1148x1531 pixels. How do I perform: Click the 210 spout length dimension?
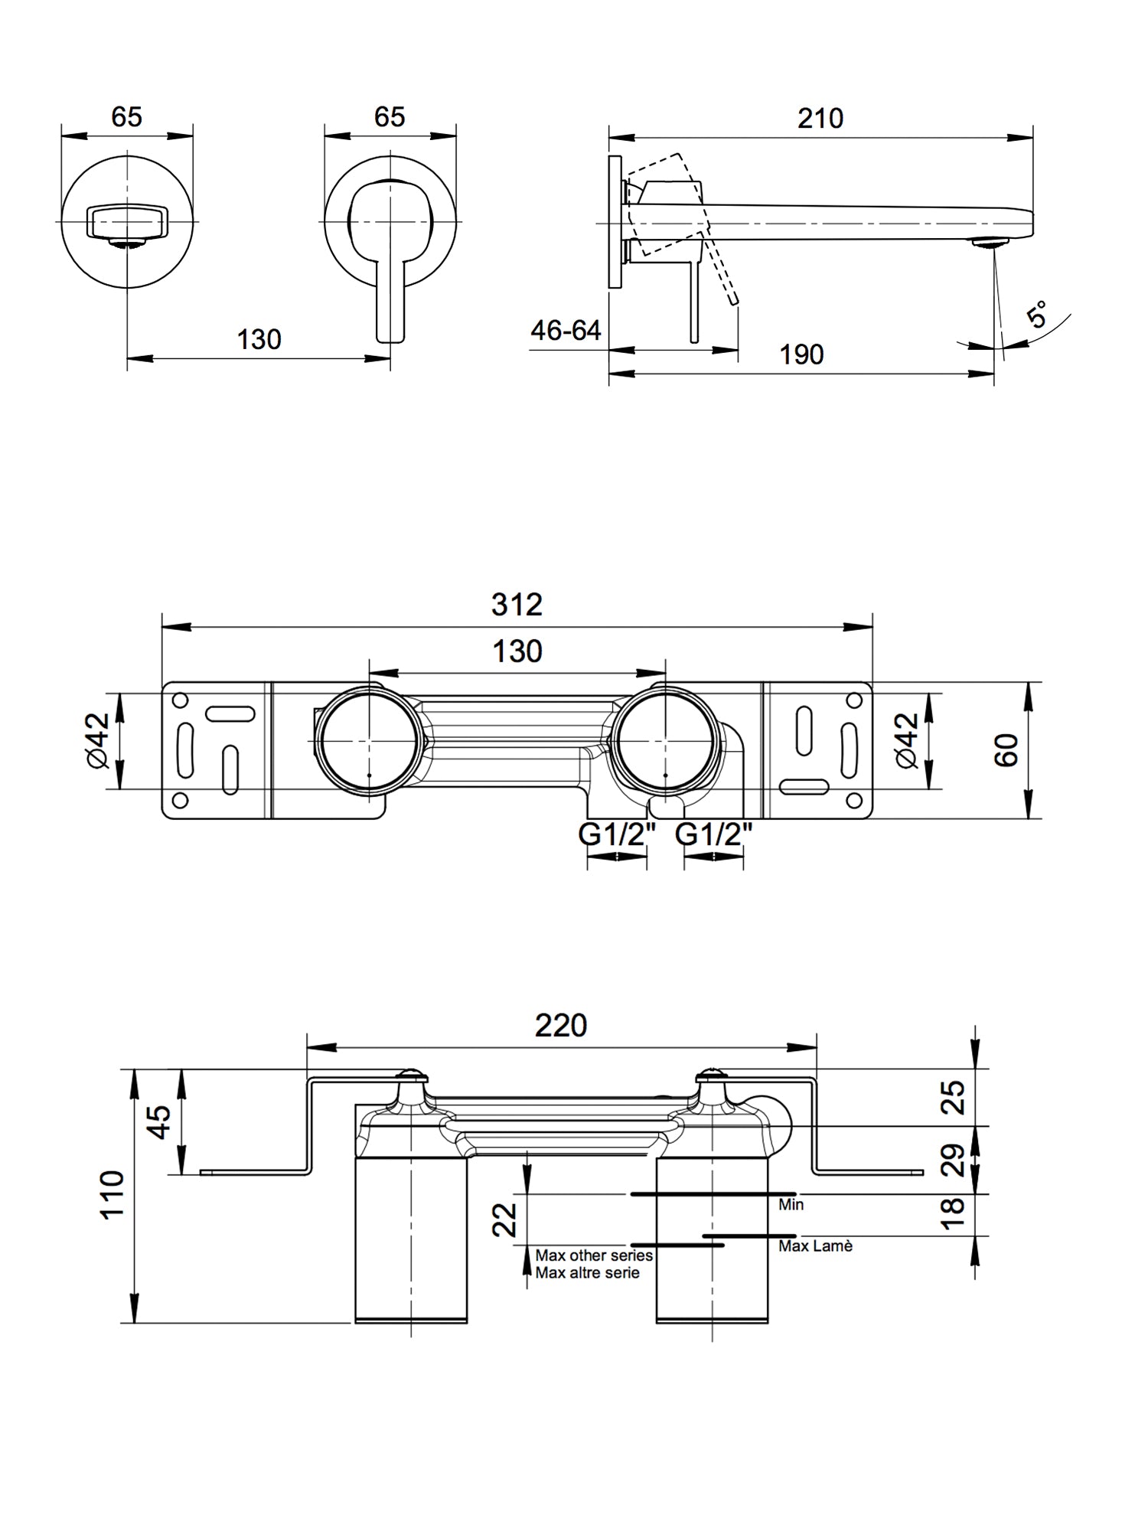(x=820, y=119)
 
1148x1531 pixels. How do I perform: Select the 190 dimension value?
(x=801, y=355)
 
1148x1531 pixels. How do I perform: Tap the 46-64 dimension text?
(x=566, y=331)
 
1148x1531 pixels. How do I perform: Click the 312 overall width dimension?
(x=517, y=605)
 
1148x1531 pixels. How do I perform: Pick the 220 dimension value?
(x=560, y=1026)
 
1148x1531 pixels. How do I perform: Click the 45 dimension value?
(x=158, y=1121)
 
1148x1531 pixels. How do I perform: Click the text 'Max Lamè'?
(x=815, y=1246)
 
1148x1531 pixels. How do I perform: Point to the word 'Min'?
(x=791, y=1205)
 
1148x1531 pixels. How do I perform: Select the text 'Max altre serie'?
(x=587, y=1273)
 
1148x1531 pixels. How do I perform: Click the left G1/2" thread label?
(x=618, y=834)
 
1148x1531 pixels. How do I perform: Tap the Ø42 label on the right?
(x=906, y=739)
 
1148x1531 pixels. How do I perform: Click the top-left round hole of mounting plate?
(x=181, y=700)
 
